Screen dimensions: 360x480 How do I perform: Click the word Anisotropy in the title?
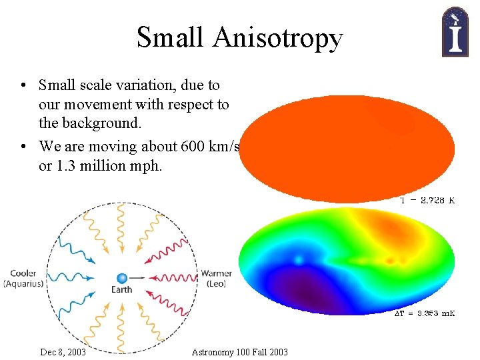(x=277, y=39)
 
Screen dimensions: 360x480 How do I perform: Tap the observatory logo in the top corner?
(x=455, y=31)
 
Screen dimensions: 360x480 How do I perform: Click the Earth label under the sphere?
(x=122, y=290)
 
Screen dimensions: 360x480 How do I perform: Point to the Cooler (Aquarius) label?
(x=23, y=279)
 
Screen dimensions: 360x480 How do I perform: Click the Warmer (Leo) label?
(x=217, y=279)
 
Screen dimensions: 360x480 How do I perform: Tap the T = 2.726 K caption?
(x=427, y=200)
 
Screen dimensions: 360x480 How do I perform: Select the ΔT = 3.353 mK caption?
(x=424, y=313)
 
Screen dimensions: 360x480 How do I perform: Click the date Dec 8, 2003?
(x=63, y=352)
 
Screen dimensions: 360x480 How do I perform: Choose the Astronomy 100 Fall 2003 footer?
(x=239, y=352)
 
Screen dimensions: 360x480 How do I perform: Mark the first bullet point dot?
(x=23, y=86)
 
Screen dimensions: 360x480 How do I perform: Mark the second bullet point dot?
(x=23, y=147)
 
